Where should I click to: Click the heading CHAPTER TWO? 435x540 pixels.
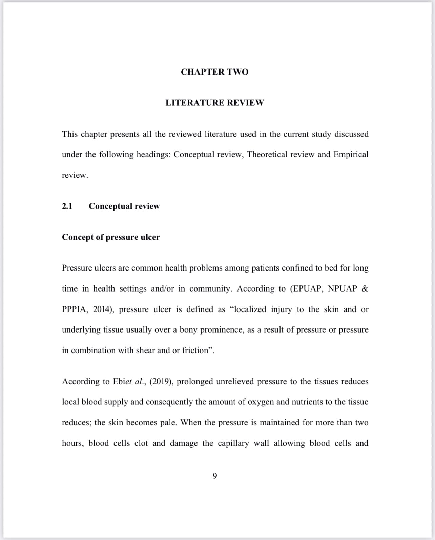click(x=214, y=72)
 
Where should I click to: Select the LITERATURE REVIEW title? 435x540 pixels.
click(x=214, y=103)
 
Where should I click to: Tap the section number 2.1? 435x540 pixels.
click(x=67, y=206)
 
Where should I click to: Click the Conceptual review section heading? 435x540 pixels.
click(x=124, y=206)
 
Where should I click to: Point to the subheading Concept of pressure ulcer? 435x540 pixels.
click(x=110, y=237)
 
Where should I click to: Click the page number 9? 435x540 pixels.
click(x=215, y=476)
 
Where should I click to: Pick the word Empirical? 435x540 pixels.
click(x=351, y=155)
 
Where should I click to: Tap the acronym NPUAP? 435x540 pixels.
click(x=342, y=289)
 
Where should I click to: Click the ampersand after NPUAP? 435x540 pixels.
click(x=365, y=289)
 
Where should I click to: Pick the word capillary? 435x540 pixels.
click(x=233, y=443)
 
